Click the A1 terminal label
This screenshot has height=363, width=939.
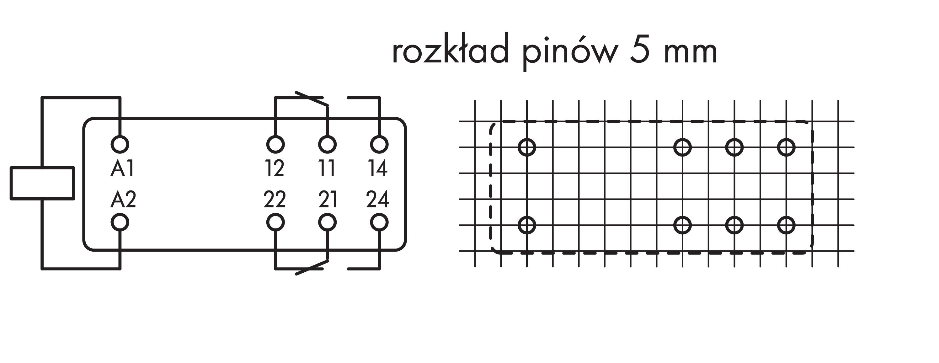(122, 169)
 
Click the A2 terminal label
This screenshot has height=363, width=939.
(123, 200)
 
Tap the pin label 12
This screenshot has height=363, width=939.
(275, 169)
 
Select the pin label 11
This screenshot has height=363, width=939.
(327, 169)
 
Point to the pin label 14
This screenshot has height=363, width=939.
(378, 169)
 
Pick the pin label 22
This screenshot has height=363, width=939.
(275, 200)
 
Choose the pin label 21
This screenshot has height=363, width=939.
(327, 200)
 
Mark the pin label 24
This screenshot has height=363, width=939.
(378, 200)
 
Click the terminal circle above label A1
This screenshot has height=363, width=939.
(120, 144)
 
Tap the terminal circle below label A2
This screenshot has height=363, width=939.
(120, 222)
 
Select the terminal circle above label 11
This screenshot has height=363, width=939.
(327, 144)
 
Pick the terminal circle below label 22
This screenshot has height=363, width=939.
(275, 222)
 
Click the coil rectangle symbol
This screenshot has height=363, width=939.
(42, 183)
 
